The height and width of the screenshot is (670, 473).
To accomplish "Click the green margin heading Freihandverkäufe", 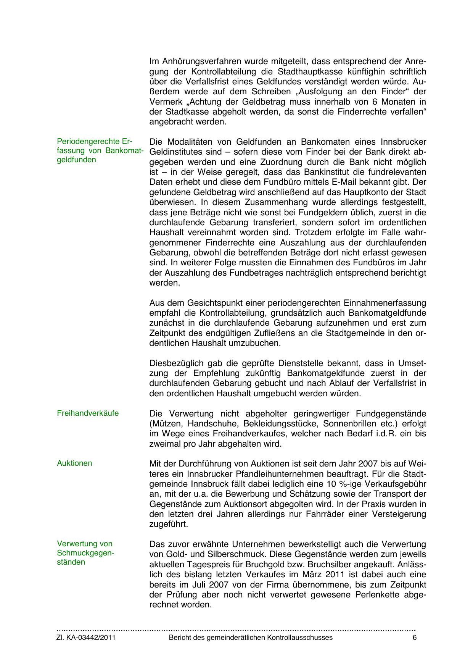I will click(88, 413).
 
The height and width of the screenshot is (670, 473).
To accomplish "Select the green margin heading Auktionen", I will click(74, 463).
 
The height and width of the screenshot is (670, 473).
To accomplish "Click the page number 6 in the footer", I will click(415, 638).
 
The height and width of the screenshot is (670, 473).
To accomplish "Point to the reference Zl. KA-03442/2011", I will click(86, 638).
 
